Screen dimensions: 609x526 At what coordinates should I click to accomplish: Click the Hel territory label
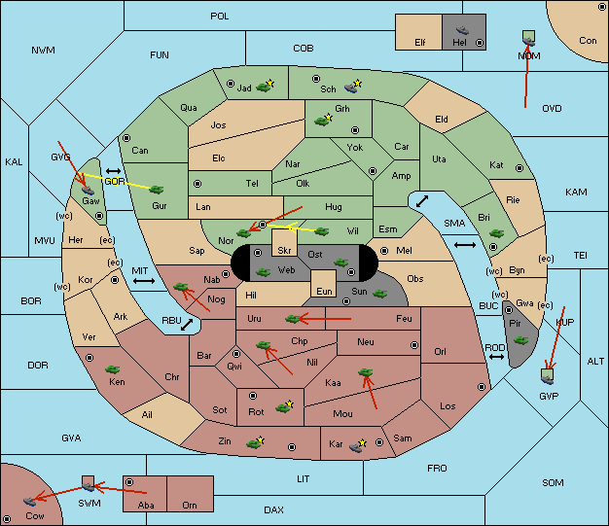(x=459, y=42)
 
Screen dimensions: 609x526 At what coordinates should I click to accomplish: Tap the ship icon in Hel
(x=462, y=30)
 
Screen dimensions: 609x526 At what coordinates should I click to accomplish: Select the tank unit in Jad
(x=264, y=87)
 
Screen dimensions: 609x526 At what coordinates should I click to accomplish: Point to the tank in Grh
(x=322, y=122)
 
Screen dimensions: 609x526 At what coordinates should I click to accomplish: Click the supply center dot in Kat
(x=519, y=168)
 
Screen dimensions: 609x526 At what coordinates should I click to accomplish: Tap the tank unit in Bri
(x=497, y=233)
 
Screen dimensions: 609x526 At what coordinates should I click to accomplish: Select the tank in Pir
(x=520, y=340)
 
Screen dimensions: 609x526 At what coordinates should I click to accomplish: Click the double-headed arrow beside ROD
(x=496, y=357)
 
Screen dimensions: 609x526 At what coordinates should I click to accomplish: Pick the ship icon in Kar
(x=356, y=447)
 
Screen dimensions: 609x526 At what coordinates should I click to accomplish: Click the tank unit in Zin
(x=253, y=443)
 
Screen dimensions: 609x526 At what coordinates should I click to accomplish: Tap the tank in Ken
(x=112, y=368)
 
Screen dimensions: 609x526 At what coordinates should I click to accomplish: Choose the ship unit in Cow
(x=29, y=501)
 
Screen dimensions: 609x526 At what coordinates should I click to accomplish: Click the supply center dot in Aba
(x=129, y=482)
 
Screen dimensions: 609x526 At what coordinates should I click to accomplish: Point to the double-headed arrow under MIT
(x=144, y=281)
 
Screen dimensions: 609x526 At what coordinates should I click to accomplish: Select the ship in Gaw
(x=89, y=190)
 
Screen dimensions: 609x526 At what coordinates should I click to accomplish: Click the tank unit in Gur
(x=157, y=190)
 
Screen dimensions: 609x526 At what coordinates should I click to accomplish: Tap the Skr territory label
(x=284, y=251)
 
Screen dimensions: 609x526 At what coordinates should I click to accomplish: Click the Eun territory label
(x=324, y=291)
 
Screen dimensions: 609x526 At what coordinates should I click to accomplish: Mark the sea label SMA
(x=454, y=224)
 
